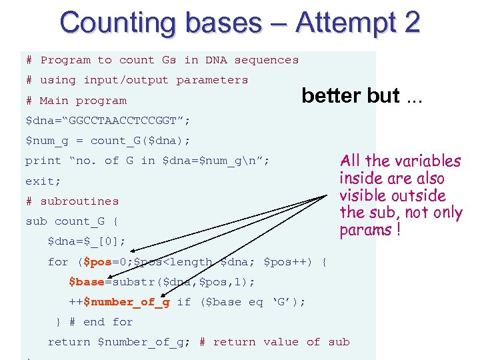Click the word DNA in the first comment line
pos(215,60)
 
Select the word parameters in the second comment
pos(211,80)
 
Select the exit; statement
pos(43,181)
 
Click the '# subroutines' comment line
pos(72,201)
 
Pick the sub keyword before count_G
pos(36,221)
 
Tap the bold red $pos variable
pos(96,261)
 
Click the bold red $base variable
pos(86,281)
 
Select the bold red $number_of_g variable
pos(127,301)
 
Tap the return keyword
pos(69,342)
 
